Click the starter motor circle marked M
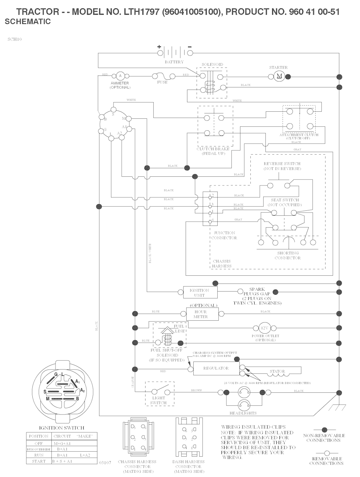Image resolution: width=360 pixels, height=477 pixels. pyautogui.click(x=280, y=76)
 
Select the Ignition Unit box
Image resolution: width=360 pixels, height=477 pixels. pyautogui.click(x=199, y=293)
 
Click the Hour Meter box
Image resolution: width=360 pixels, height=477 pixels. pyautogui.click(x=201, y=314)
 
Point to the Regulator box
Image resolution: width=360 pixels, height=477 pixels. pyautogui.click(x=216, y=368)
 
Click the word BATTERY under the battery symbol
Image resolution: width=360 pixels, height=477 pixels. pyautogui.click(x=174, y=62)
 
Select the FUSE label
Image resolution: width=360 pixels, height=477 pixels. pyautogui.click(x=162, y=82)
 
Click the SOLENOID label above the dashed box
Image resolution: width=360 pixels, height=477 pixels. pyautogui.click(x=212, y=65)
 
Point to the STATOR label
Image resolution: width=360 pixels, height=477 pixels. pyautogui.click(x=277, y=371)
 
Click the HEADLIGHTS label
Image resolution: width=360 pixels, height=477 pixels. pyautogui.click(x=243, y=413)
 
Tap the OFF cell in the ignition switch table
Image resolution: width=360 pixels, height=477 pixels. pyautogui.click(x=39, y=443)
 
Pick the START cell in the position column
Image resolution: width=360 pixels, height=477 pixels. pyautogui.click(x=39, y=461)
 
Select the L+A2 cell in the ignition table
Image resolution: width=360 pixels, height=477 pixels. pyautogui.click(x=85, y=455)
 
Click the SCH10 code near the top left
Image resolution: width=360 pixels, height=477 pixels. pyautogui.click(x=14, y=39)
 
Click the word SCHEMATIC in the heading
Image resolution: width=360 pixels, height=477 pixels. pyautogui.click(x=28, y=21)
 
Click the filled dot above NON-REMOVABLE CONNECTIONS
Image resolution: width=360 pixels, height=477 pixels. pyautogui.click(x=324, y=430)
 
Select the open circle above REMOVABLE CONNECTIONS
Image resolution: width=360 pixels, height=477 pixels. pyautogui.click(x=326, y=453)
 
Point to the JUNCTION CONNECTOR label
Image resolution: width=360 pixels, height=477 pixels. pyautogui.click(x=224, y=235)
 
